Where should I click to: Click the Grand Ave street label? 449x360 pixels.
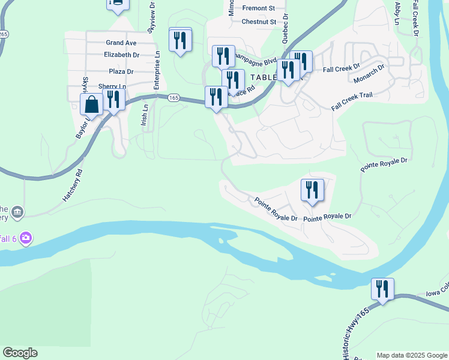click(x=121, y=43)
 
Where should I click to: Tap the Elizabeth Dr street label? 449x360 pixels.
click(x=121, y=55)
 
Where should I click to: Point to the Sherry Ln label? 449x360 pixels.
click(x=112, y=86)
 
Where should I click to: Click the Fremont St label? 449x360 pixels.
click(x=258, y=8)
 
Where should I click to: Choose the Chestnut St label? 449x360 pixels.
click(x=259, y=22)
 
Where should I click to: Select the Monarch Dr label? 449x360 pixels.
click(x=369, y=76)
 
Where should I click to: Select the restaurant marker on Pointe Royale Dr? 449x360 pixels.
click(x=312, y=191)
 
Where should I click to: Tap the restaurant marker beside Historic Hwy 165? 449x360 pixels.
click(x=382, y=290)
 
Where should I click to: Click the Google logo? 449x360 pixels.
click(x=20, y=353)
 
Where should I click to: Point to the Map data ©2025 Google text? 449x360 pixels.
click(x=412, y=355)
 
